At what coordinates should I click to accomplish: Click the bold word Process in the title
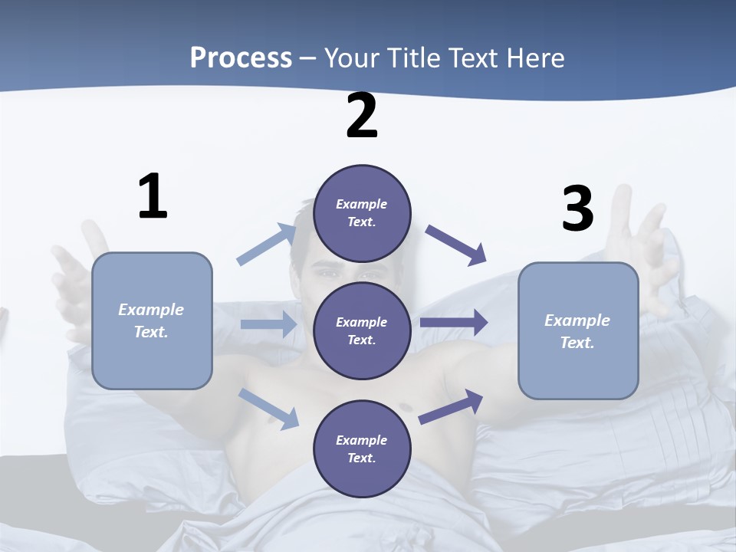[241, 58]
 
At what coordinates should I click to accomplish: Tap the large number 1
[153, 196]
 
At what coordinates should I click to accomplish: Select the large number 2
[362, 116]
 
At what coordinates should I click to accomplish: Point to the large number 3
[577, 209]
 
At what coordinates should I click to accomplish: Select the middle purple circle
[362, 330]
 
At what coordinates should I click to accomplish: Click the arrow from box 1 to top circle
[267, 245]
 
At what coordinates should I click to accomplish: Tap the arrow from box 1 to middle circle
[268, 324]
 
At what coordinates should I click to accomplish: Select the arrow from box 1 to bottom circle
[269, 409]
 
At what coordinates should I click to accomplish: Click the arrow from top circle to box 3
[456, 245]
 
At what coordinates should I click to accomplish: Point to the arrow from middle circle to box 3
[453, 323]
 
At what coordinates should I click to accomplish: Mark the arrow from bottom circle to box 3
[451, 406]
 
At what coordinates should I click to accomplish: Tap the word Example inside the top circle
[362, 204]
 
